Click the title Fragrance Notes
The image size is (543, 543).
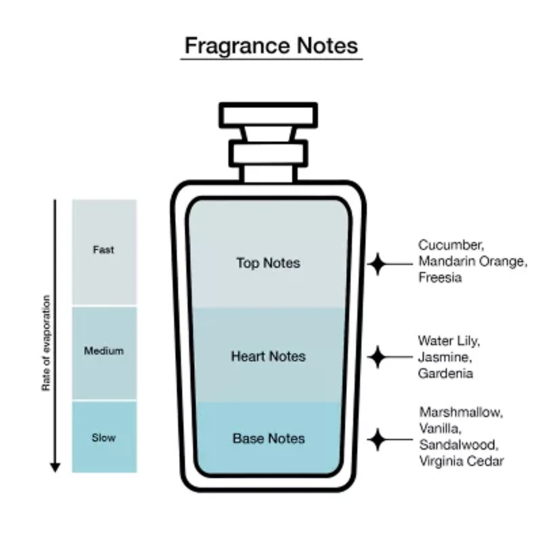click(x=271, y=45)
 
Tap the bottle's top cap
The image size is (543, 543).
click(x=268, y=115)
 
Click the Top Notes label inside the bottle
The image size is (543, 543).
click(x=268, y=263)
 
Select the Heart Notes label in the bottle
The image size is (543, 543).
click(x=268, y=356)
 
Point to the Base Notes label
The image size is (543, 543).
click(x=269, y=438)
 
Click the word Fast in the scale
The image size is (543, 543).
click(x=104, y=250)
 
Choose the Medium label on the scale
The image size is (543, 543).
click(x=104, y=351)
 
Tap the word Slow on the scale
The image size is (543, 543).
click(x=104, y=438)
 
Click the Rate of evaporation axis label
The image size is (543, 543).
click(x=46, y=343)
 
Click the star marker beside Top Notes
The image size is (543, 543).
click(x=377, y=264)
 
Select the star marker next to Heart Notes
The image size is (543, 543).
click(x=377, y=357)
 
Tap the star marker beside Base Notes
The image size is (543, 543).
click(x=377, y=439)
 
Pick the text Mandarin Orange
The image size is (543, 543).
click(x=471, y=261)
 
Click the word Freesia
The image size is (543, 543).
click(x=440, y=278)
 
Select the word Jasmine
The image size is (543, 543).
click(x=445, y=357)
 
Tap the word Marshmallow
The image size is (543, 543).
click(x=461, y=413)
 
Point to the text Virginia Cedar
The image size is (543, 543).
click(x=462, y=462)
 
